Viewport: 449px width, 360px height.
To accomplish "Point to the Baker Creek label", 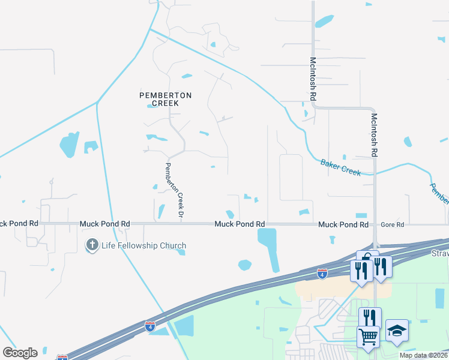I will point(340,167).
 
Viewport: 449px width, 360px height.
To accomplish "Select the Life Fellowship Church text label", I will point(143,245).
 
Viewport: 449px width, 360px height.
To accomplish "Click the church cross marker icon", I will point(92,245).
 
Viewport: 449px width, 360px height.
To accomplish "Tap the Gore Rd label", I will point(393,224).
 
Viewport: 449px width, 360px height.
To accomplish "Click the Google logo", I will point(20,353).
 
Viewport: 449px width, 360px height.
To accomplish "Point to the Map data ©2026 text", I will point(424,355).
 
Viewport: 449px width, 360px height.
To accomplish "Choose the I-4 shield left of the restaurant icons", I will point(322,274).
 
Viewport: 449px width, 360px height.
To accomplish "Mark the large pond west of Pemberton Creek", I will point(69,143).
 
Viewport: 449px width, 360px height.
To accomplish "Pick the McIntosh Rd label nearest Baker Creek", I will point(374,135).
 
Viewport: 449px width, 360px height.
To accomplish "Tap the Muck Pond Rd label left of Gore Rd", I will point(343,224).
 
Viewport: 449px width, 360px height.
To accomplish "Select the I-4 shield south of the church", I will point(149,326).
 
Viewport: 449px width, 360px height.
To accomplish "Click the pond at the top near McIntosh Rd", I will point(324,21).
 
